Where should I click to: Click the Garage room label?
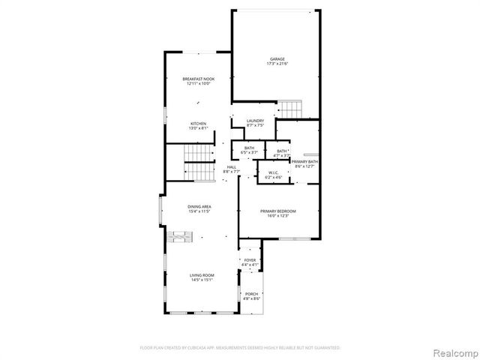[277, 59]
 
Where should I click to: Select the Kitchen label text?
[198, 124]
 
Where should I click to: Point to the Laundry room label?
[255, 121]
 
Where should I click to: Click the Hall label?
[232, 167]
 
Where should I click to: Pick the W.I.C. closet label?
[273, 173]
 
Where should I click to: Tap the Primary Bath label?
[304, 162]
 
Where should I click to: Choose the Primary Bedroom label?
[278, 211]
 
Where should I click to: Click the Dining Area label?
[199, 208]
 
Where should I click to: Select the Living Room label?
[202, 275]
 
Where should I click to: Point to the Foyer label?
[250, 260]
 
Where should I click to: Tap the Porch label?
[251, 294]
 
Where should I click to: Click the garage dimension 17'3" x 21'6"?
[277, 64]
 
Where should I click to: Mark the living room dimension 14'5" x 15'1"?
[202, 280]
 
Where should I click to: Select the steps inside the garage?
[289, 108]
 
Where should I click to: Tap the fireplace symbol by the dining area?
[178, 238]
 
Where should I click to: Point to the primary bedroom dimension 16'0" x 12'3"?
[278, 216]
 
